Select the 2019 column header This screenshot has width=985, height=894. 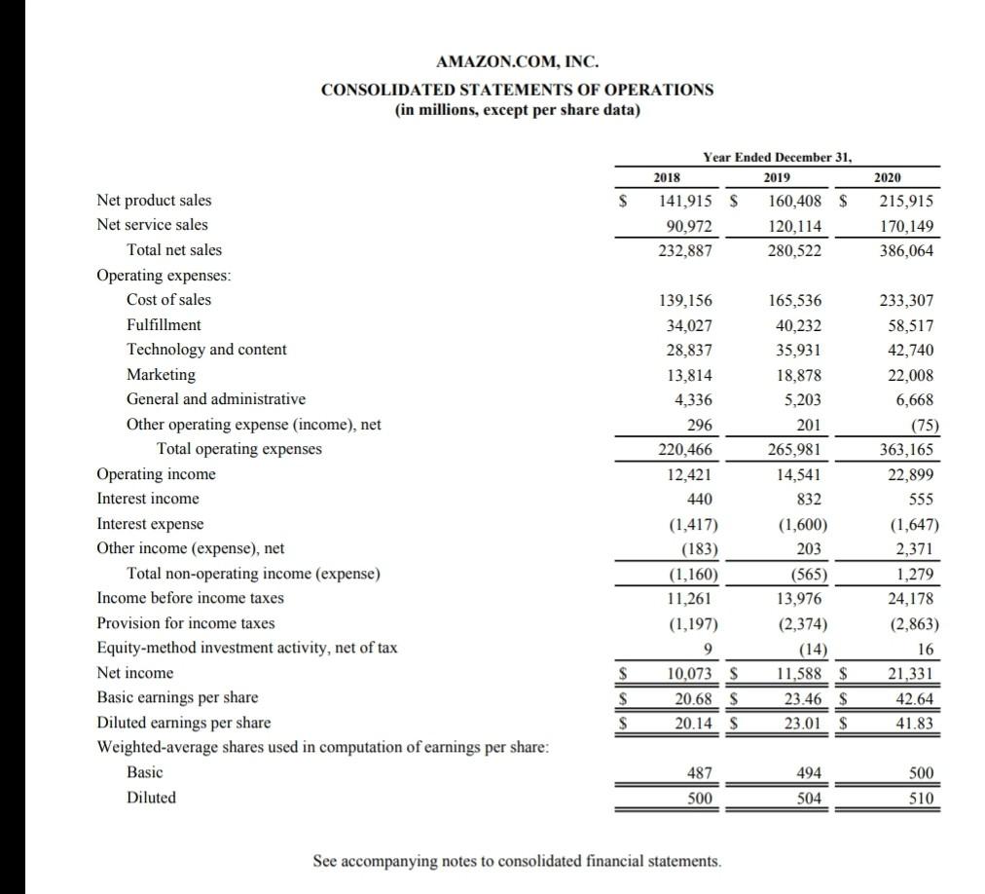click(776, 177)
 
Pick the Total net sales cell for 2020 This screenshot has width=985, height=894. click(905, 250)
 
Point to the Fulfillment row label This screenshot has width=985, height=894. click(164, 324)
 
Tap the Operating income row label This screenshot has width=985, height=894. click(157, 474)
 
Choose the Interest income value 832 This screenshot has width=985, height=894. click(807, 499)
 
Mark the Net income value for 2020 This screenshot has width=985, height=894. click(909, 673)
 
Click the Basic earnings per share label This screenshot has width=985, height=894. click(177, 697)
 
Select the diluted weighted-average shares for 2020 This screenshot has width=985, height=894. click(920, 798)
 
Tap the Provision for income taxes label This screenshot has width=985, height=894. click(186, 623)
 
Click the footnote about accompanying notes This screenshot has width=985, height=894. click(518, 861)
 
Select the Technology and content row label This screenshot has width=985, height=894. click(206, 350)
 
